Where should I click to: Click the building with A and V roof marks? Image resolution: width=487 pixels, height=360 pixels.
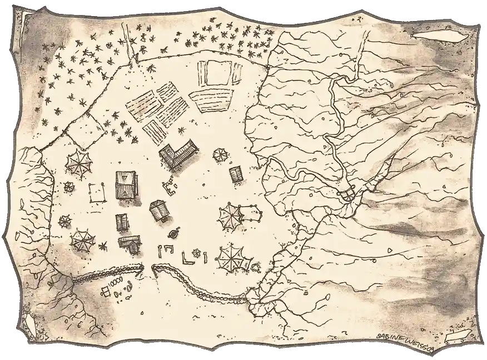[125, 184]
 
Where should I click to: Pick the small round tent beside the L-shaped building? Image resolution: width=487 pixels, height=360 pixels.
[221, 154]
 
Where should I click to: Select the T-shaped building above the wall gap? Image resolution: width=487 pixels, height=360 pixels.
[129, 242]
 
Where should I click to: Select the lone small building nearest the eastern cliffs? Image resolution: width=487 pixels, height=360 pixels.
[236, 174]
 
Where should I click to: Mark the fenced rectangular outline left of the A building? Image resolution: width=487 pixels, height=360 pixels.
[98, 192]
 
